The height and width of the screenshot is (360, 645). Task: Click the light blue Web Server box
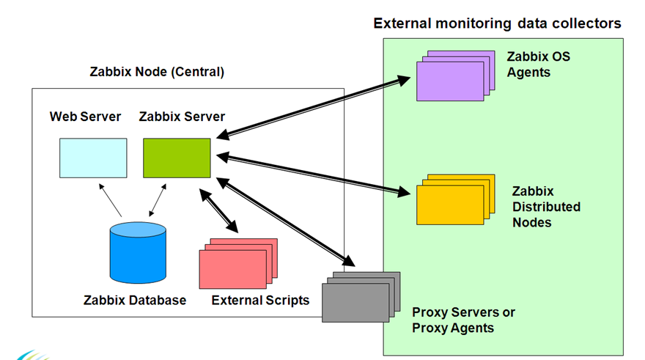(92, 157)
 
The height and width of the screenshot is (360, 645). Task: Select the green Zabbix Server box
(176, 157)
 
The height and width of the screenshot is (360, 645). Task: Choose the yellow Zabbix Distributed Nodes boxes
(449, 202)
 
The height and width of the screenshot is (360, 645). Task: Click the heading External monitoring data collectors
(497, 23)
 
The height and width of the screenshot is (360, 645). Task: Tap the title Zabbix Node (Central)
(156, 73)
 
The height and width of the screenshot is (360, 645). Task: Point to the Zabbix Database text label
(134, 300)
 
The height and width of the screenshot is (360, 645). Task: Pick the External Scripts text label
(260, 300)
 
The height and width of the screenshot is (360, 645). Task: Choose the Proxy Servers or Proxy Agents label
(463, 320)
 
